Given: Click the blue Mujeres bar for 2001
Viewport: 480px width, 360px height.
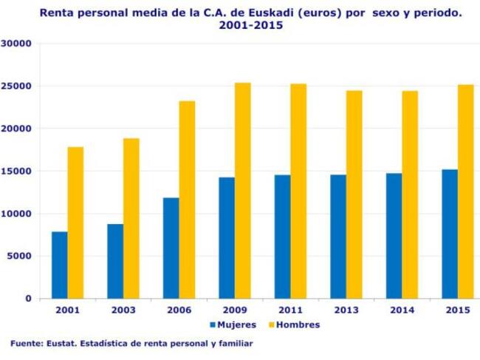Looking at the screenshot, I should pyautogui.click(x=59, y=265).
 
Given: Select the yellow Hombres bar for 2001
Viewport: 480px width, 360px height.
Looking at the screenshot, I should pyautogui.click(x=75, y=223).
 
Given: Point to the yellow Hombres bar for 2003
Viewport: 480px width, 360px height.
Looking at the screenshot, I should pyautogui.click(x=131, y=218).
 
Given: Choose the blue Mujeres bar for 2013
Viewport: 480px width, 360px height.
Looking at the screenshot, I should pyautogui.click(x=337, y=237).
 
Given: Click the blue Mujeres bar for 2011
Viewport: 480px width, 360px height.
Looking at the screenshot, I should pyautogui.click(x=281, y=237).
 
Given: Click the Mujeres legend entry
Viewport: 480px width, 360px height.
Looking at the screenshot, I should pyautogui.click(x=233, y=325).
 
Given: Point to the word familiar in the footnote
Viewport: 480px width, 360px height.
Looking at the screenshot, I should pyautogui.click(x=234, y=344).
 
